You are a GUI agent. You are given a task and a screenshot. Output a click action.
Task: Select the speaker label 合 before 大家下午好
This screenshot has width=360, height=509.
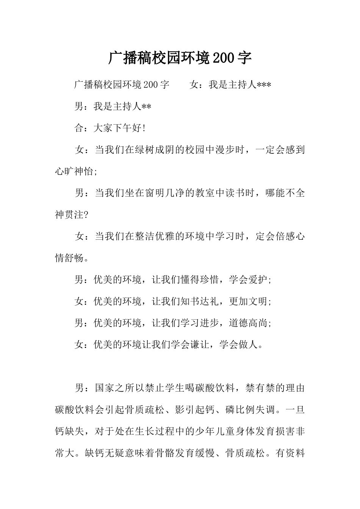(79, 128)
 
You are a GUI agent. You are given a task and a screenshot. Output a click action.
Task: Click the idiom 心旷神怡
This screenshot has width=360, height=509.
(74, 172)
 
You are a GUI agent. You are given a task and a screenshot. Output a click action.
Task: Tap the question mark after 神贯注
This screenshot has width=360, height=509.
(86, 215)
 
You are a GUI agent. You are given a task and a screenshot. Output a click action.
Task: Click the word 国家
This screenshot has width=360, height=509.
(104, 388)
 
